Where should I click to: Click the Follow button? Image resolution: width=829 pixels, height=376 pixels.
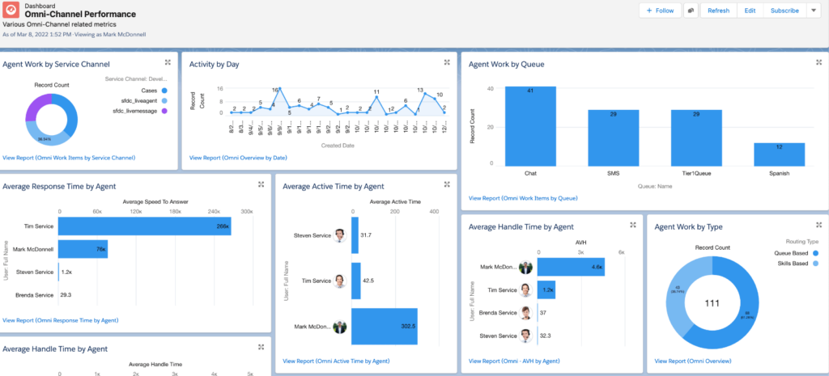pyautogui.click(x=660, y=11)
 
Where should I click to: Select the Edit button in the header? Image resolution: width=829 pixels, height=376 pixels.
pyautogui.click(x=750, y=11)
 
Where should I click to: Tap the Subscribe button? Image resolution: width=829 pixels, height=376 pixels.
pyautogui.click(x=784, y=11)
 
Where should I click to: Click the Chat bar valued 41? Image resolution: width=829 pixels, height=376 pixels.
pyautogui.click(x=531, y=125)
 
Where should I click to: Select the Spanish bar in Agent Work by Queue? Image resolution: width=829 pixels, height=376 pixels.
pyautogui.click(x=779, y=154)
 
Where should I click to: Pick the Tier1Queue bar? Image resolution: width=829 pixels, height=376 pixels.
pyautogui.click(x=696, y=137)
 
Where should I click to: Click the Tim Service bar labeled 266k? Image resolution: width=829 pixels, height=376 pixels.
pyautogui.click(x=144, y=227)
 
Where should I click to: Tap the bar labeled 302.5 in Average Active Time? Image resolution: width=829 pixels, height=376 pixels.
pyautogui.click(x=384, y=326)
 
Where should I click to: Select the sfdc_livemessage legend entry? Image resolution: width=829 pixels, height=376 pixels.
pyautogui.click(x=140, y=110)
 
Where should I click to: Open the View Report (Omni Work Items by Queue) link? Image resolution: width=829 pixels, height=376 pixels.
pyautogui.click(x=522, y=198)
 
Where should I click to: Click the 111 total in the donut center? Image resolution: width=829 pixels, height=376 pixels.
pyautogui.click(x=712, y=303)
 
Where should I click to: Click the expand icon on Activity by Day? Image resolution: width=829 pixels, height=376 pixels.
pyautogui.click(x=447, y=62)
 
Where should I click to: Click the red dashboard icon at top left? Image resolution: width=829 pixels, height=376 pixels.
pyautogui.click(x=11, y=11)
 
